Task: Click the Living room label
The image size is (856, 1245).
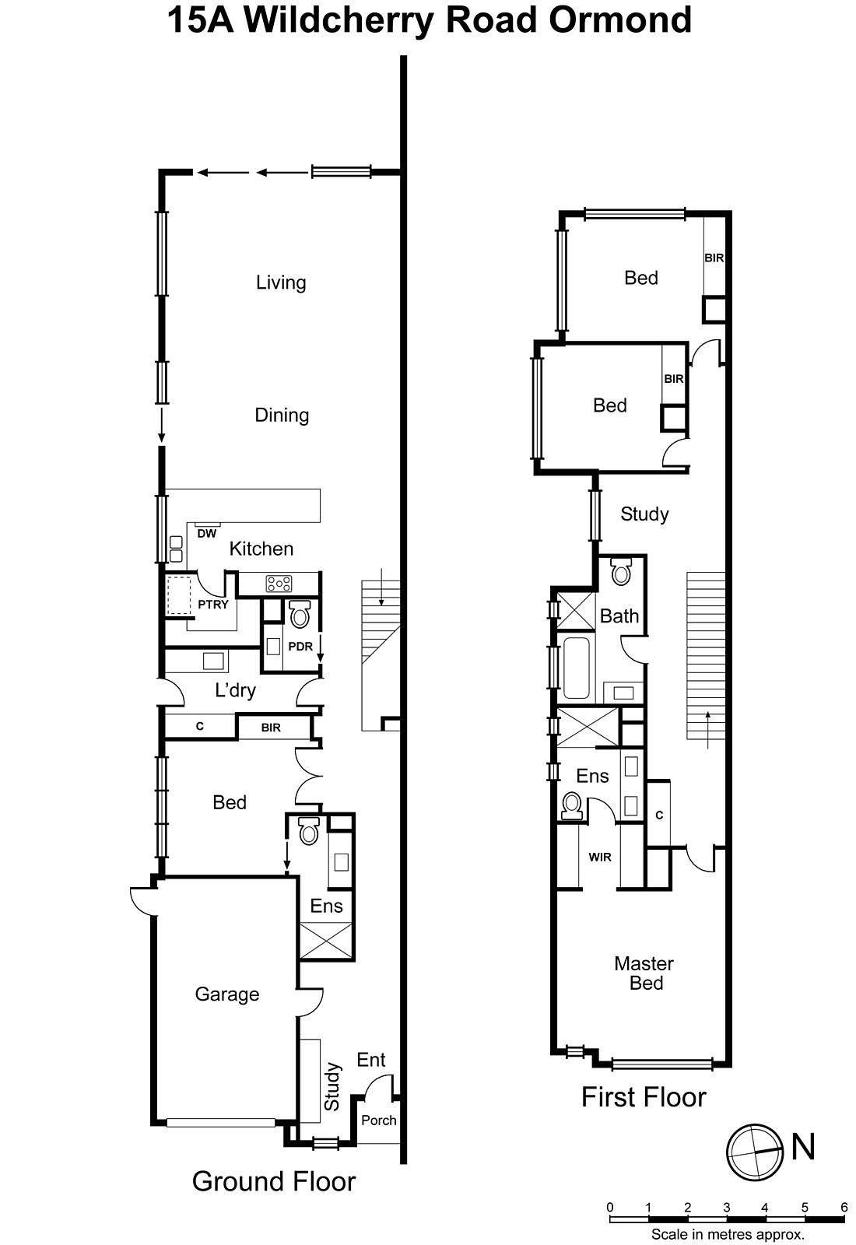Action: point(281,282)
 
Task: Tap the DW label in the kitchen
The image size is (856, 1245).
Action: point(206,534)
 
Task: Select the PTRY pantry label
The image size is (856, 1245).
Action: point(212,605)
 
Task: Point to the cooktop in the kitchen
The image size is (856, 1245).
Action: point(279,584)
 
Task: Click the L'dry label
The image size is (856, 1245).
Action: point(235,689)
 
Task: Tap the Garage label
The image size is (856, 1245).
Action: point(226,994)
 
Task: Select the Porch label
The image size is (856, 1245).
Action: point(379,1120)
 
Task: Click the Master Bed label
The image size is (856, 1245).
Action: point(644,973)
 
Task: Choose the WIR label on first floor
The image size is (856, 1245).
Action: point(599,857)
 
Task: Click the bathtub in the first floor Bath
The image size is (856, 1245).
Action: point(576,668)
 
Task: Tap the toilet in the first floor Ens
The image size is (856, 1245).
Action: point(572,805)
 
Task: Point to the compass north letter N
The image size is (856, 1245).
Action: point(803,1148)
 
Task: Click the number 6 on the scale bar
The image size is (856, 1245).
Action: point(844,1208)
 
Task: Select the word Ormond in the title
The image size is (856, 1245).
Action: point(620,20)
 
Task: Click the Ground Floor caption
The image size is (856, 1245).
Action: point(274,1181)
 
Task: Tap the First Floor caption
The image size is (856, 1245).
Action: point(644,1097)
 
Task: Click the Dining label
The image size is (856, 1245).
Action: point(282,415)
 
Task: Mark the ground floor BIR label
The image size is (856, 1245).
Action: point(271,728)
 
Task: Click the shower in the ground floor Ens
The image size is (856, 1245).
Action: point(326,941)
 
